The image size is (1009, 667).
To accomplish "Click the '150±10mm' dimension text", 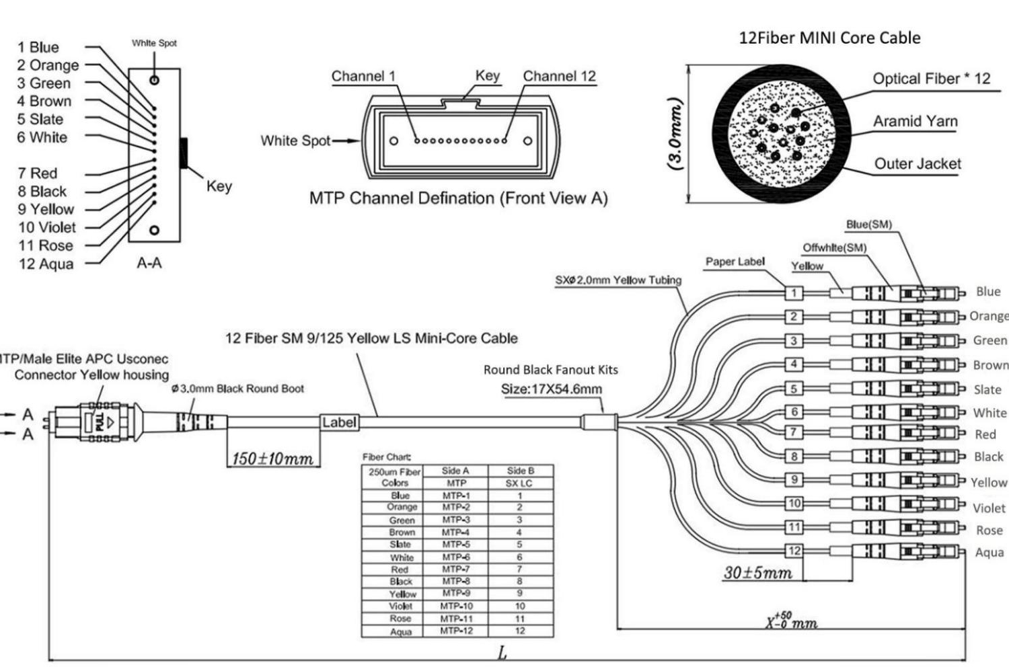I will pos(272,459).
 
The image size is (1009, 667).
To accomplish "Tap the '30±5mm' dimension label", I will pos(757,573).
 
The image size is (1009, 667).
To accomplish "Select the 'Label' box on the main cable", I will pos(339,422).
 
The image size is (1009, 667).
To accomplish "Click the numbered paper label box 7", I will pos(794,432).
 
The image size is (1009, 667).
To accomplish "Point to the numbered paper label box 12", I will pos(794,551).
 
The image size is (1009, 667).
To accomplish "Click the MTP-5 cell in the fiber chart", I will pos(455,545).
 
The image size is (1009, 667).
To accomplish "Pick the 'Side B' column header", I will pos(520,471).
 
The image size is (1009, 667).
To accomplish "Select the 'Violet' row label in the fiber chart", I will pos(400,606).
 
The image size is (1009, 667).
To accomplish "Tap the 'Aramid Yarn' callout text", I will pos(915,121).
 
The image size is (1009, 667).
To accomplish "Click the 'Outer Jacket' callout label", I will pos(917,163).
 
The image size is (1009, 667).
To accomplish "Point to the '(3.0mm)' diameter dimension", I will pos(675,134).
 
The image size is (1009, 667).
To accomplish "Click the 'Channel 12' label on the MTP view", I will pos(559,76).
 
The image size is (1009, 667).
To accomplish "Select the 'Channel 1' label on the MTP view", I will pos(363,76).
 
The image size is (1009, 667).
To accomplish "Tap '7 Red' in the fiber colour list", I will pos(38,173).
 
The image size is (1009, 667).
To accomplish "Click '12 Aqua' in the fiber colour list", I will pos(46,264).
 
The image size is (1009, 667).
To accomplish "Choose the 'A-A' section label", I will pos(149,263).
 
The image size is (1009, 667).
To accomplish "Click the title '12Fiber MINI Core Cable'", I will pos(829,38).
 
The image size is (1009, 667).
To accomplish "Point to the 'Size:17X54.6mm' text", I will pos(551,389).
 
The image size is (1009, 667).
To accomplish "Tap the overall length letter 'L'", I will pos(502,652).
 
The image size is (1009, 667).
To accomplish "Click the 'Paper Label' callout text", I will pos(735,262).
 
